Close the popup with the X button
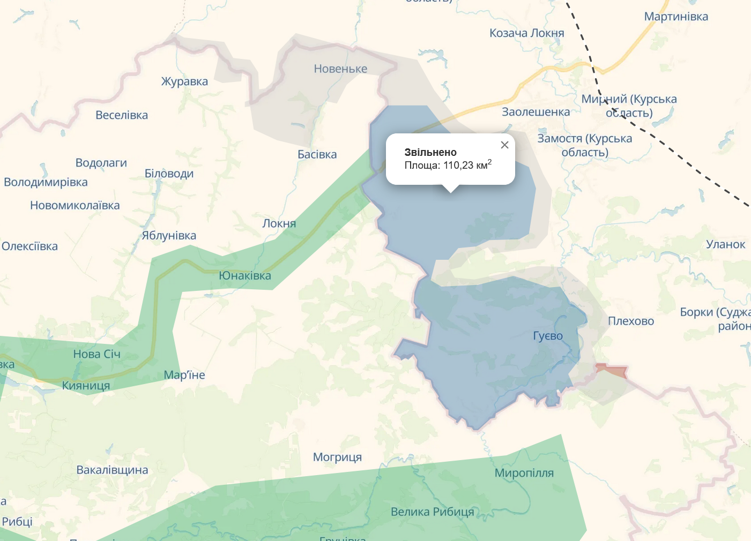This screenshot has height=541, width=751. point(504,145)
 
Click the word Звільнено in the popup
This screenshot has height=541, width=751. point(430,152)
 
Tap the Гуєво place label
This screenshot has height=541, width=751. point(548,336)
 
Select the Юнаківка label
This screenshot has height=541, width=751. point(245,275)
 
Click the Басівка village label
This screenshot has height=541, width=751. point(317,154)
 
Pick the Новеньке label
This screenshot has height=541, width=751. point(340,69)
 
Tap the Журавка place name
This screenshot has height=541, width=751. point(184,81)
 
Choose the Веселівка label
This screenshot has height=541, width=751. point(122,115)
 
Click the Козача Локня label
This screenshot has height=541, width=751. point(526,33)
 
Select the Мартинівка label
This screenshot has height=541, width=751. point(676,16)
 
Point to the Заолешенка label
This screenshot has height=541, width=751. point(536,111)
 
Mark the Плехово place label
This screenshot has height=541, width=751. point(631,321)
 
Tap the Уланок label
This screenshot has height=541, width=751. point(725,244)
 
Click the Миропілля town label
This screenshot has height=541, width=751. point(524,472)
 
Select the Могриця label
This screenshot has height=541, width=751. point(337,457)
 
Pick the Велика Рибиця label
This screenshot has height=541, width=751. point(432,512)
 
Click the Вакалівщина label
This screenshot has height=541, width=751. point(112,470)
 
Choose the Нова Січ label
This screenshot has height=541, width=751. point(96,354)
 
